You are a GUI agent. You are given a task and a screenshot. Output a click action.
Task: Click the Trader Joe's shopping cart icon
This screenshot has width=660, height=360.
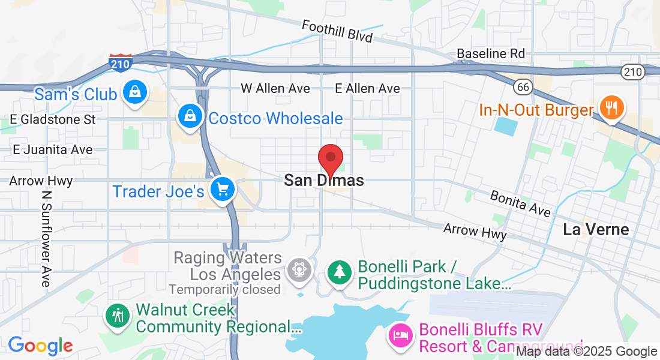click(x=223, y=190)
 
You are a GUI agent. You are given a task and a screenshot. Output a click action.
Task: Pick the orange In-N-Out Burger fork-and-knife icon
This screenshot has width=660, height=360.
click(x=611, y=109)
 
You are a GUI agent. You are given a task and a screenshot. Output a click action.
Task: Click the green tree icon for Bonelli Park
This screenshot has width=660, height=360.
click(x=340, y=272)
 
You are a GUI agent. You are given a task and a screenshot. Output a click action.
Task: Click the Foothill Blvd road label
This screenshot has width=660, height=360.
click(x=337, y=31)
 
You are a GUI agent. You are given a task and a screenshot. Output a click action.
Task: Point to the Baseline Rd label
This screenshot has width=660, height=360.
click(x=491, y=53)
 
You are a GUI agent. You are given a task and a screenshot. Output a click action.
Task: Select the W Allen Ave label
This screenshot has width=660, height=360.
click(x=275, y=88)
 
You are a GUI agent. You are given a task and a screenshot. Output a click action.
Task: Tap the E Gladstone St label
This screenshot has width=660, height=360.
click(x=54, y=119)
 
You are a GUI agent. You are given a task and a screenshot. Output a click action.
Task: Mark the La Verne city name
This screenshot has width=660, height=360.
click(x=596, y=229)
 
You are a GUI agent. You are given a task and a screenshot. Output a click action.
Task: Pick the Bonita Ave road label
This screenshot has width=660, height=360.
click(x=520, y=203)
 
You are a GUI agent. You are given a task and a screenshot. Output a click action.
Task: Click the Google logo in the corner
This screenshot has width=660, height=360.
click(x=40, y=346)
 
